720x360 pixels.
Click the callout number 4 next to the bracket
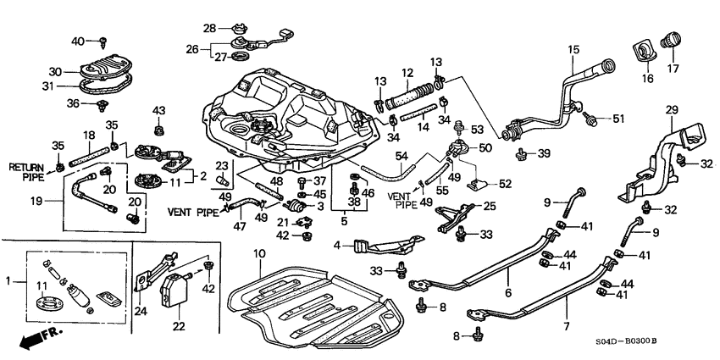coord(337,246)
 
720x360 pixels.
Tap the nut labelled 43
coord(158,130)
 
